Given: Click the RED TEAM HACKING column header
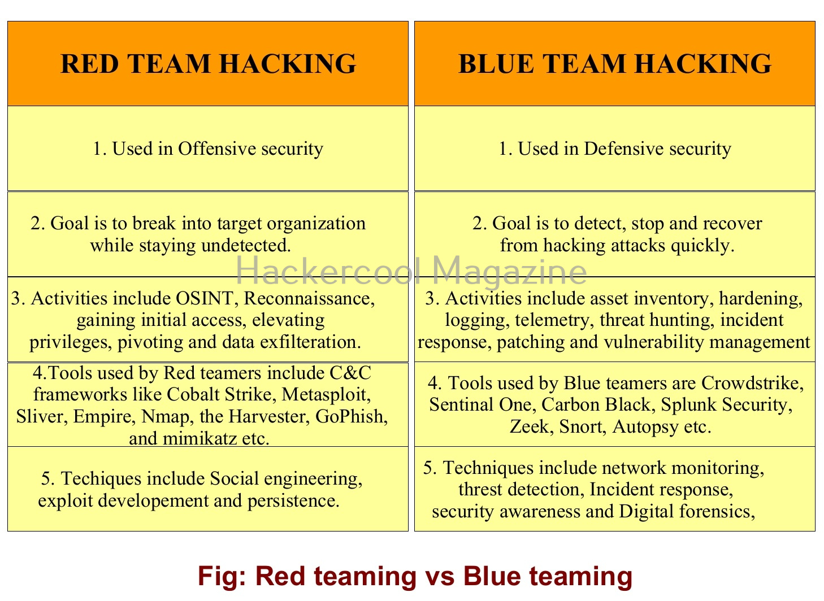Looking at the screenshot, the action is coord(208,64).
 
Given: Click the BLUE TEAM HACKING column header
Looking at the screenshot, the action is coord(615,64).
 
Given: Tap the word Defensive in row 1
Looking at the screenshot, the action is coord(623,149).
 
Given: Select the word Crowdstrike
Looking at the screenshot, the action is coord(753,383).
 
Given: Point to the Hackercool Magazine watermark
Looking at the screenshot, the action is coord(411,271).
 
